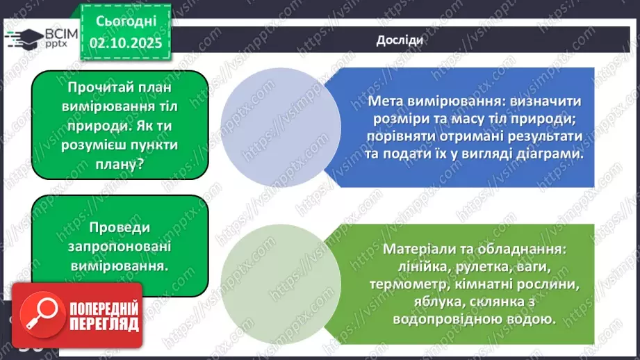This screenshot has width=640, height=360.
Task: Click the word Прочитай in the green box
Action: [x=101, y=89]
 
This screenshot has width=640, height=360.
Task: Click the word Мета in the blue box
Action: [x=387, y=101]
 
